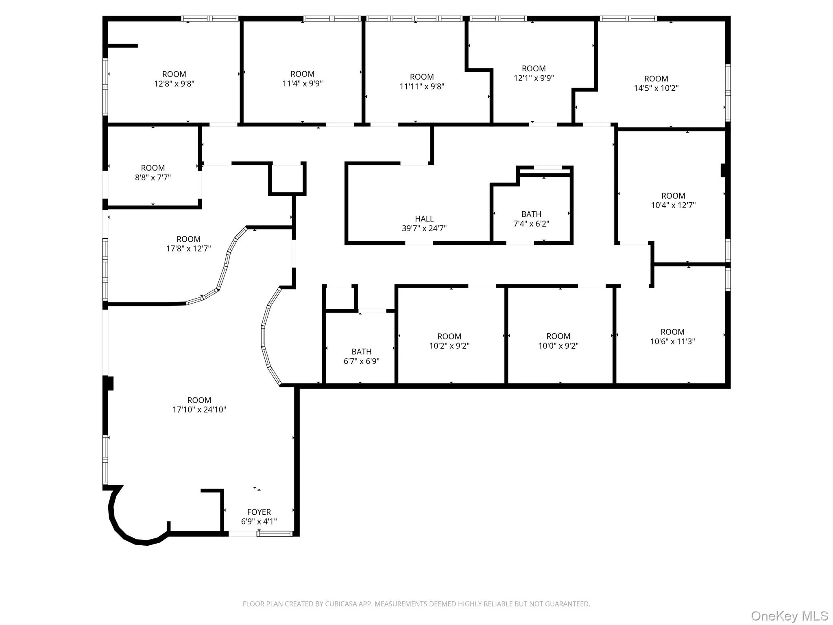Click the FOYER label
pos(259,512)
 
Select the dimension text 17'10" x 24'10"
pos(199,410)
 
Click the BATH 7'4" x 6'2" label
pos(531,219)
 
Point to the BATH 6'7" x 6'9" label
pos(361,356)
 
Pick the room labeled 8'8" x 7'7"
pos(153,173)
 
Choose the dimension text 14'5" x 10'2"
pos(656,88)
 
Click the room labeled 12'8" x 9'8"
pos(174,79)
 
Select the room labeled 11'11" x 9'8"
pos(422,81)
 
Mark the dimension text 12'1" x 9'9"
pos(534,78)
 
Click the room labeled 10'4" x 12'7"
pos(673,201)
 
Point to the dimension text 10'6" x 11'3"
pos(672,342)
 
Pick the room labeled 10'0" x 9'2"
pos(558,341)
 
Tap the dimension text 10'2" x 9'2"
pos(449,346)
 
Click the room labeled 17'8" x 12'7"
pos(188,244)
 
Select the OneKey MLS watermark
pos(789,616)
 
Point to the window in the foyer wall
pos(275,534)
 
